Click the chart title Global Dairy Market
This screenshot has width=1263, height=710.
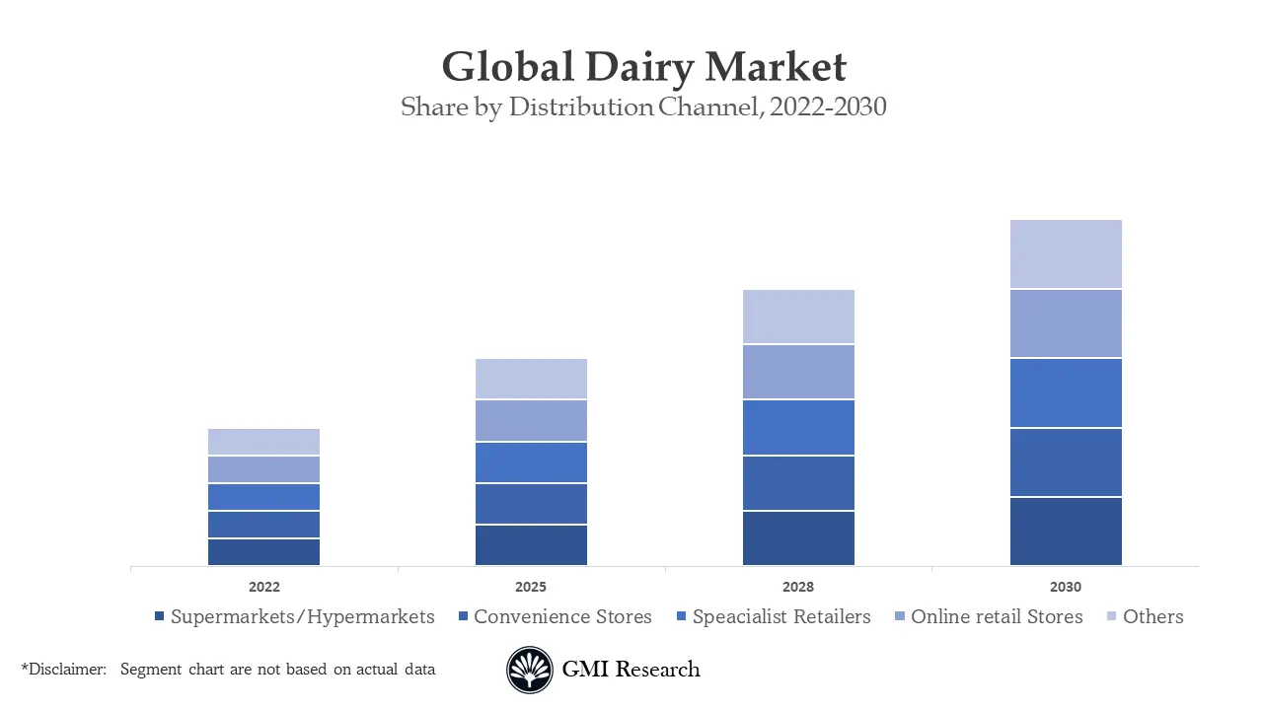pos(643,67)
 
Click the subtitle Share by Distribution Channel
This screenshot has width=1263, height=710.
pos(643,107)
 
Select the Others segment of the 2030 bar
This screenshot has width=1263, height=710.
pos(1066,253)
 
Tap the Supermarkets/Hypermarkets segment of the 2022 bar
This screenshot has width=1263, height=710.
pos(263,552)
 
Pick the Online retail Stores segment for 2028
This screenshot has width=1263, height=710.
pos(798,372)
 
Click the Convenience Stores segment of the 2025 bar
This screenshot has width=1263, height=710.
pos(531,504)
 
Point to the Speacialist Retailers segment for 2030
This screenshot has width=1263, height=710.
pos(1066,392)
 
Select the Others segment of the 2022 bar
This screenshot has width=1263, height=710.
pos(263,442)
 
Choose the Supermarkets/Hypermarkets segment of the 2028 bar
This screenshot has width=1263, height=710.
pos(798,538)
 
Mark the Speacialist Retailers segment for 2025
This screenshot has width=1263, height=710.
pos(531,462)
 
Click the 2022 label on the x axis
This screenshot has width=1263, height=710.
pos(263,587)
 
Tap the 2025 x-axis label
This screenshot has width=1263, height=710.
pos(531,587)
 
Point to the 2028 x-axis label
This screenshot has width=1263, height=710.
pos(798,587)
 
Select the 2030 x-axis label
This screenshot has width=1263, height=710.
pos(1066,587)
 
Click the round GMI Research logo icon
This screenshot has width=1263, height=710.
pos(530,671)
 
